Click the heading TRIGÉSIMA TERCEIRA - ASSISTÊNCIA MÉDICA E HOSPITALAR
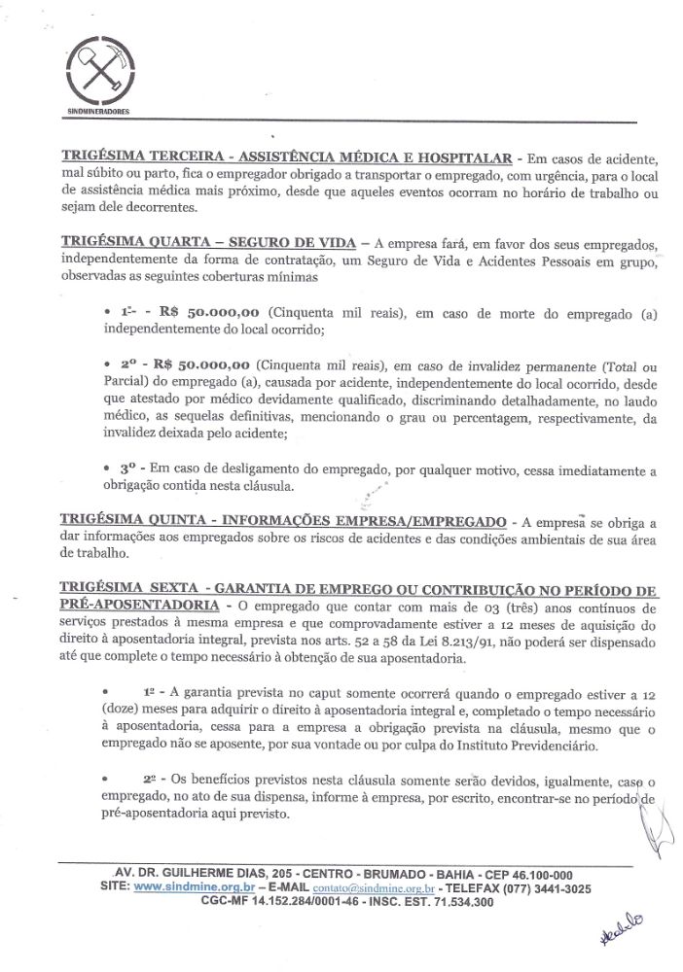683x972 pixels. (x=287, y=156)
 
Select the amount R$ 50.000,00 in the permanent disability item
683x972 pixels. (x=206, y=365)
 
